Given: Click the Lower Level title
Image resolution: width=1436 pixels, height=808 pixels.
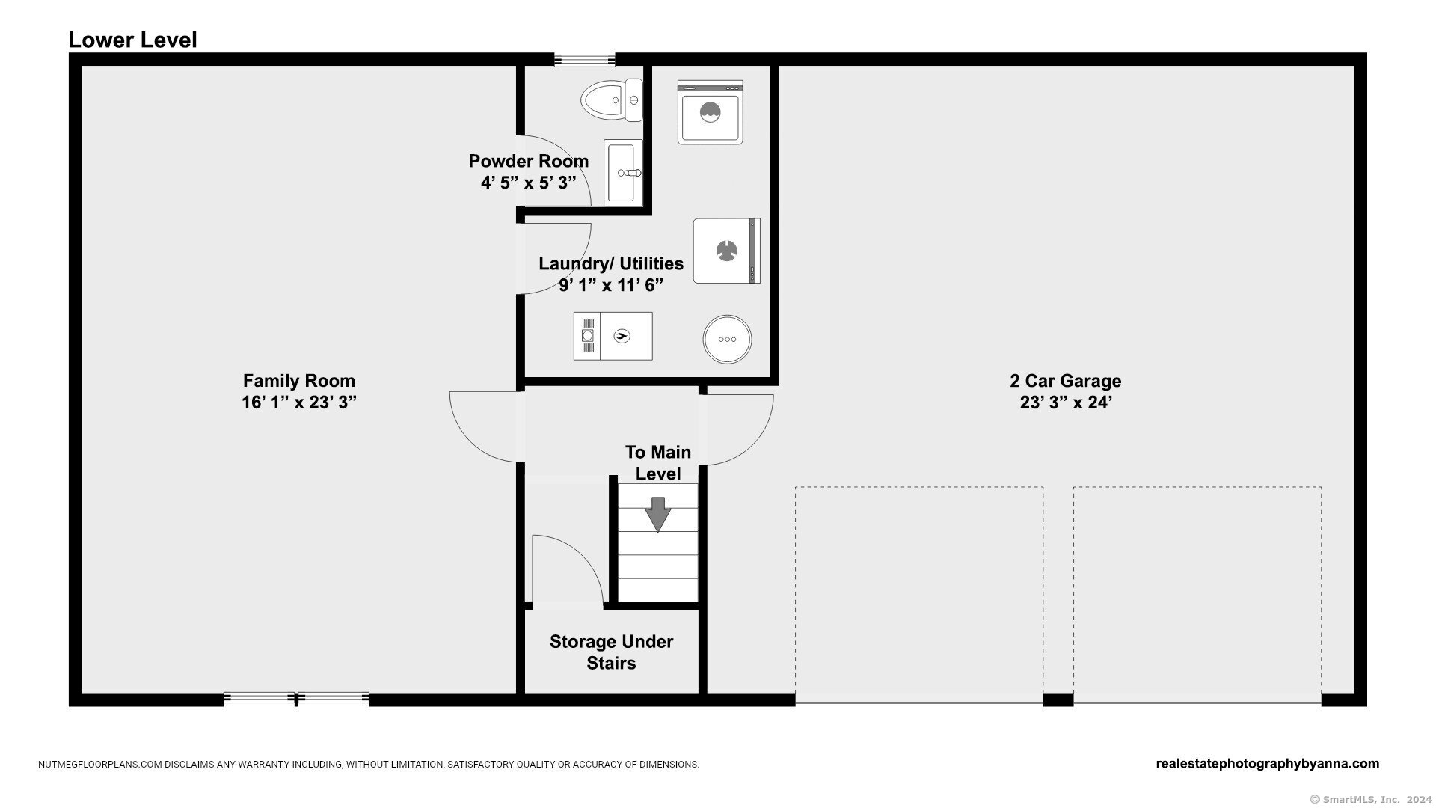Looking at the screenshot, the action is pos(132,40).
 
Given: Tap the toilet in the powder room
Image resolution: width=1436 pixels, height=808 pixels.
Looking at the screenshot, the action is pos(611,100).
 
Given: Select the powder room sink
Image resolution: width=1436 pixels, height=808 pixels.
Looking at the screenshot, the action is pos(623,171).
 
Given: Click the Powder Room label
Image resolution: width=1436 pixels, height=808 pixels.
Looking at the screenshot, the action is pos(528,161).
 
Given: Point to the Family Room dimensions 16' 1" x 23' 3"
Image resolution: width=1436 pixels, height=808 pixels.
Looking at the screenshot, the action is pos(298,403).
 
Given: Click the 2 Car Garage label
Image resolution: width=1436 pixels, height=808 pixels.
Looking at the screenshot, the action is pos(1065,381).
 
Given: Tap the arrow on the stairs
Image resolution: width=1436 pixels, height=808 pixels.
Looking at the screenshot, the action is pos(657,514).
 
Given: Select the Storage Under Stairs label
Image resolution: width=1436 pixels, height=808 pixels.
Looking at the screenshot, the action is pos(611,652).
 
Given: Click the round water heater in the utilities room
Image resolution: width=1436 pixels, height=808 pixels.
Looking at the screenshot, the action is pos(727,339).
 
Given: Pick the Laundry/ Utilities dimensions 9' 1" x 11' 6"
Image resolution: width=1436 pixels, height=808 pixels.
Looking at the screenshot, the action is pos(611,285).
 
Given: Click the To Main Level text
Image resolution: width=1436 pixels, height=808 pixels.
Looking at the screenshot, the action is pos(658,462).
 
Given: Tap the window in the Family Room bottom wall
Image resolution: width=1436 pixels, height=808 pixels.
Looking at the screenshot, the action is pos(296,700).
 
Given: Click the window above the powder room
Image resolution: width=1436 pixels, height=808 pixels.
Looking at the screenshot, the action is pos(584,60).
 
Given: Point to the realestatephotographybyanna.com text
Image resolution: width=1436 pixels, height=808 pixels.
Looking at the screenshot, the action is pos(1268,764).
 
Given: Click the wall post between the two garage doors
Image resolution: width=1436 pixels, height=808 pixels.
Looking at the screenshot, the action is pos(1058,700).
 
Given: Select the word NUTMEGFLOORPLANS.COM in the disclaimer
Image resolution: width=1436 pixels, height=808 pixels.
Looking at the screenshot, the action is pos(100,765).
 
